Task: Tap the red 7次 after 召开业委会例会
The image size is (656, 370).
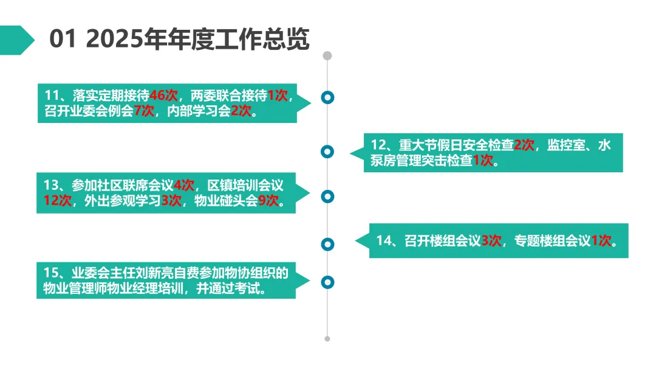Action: tap(144, 111)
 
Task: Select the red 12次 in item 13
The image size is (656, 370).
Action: tap(58, 201)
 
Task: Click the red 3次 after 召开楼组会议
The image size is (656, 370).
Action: tap(491, 240)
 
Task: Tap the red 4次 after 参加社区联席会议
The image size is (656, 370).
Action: tap(183, 185)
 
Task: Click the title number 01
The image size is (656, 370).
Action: tap(63, 40)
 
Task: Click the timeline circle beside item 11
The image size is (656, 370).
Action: tap(327, 97)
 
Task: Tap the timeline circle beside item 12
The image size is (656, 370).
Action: tap(327, 151)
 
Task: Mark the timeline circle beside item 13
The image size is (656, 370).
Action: tap(327, 196)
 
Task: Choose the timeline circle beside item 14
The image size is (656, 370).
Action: tap(327, 244)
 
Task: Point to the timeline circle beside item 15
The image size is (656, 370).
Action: tap(327, 282)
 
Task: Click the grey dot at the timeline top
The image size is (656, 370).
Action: tap(327, 56)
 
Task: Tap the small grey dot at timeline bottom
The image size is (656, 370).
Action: tap(327, 338)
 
